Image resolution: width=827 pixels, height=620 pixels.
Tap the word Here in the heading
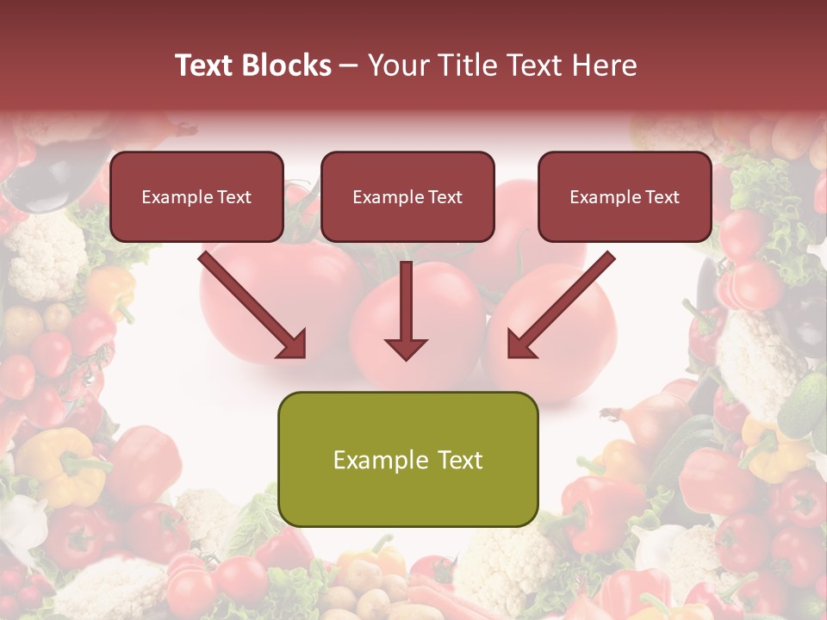605,65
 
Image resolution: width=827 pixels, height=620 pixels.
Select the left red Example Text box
196,197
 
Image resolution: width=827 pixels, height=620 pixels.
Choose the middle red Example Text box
407,197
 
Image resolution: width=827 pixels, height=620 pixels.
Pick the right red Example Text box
625,197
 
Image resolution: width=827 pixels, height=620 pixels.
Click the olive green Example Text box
408,460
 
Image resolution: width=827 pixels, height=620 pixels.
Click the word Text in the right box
662,197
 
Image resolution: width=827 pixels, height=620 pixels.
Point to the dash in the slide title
350,66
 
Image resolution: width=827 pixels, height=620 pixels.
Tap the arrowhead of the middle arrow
406,347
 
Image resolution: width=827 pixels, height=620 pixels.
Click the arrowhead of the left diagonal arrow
293,344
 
